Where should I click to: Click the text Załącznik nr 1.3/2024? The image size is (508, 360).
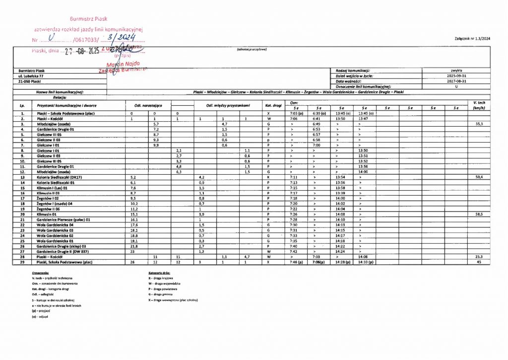point(472,39)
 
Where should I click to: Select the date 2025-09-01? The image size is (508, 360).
point(456,76)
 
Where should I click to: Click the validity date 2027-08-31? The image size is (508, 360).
point(456,81)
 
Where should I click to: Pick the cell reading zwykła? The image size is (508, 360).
point(456,71)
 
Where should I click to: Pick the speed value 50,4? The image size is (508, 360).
point(479,177)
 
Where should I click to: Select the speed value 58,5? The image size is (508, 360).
point(479,215)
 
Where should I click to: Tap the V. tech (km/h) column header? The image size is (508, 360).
point(479,105)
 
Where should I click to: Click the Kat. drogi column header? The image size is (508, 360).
point(267,106)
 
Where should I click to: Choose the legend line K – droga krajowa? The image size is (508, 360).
point(161,278)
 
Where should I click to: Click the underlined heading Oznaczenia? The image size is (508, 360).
point(40,273)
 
